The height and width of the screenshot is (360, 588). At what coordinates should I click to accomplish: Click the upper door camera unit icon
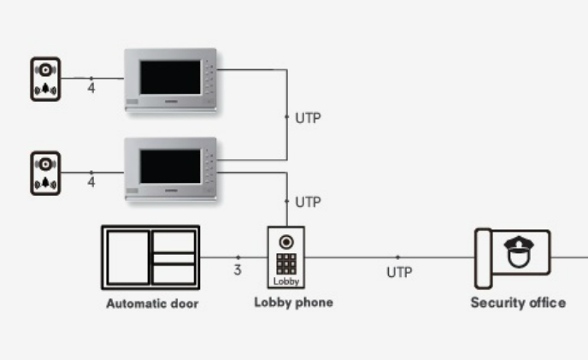coord(45,80)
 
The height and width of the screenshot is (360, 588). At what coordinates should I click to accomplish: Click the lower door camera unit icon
coord(45,174)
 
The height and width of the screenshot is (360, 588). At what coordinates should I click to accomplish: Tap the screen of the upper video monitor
coord(170,77)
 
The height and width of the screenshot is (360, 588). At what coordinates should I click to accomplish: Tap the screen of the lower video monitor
coord(170,167)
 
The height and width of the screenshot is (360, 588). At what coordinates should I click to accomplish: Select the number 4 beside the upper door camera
coord(91,88)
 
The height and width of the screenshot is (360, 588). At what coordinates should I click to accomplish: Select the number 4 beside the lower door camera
coord(91,182)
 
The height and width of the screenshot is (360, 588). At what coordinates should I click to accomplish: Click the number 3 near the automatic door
coord(238,270)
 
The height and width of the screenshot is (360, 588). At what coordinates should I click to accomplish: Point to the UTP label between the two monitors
coord(309,118)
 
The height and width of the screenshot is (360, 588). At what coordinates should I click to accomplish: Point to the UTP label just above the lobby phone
coord(309,203)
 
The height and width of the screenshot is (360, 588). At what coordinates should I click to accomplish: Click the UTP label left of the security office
coord(399,273)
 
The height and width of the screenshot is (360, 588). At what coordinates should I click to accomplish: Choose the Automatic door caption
coord(152,304)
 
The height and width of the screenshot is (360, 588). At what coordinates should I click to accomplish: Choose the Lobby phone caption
coord(294,303)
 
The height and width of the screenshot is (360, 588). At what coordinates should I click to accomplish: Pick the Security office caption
coord(518,303)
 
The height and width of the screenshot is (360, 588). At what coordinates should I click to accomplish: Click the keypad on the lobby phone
coord(286,264)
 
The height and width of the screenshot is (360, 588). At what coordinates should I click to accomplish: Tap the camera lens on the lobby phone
coord(286,242)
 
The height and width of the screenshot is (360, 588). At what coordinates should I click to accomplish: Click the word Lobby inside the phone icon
coord(286,281)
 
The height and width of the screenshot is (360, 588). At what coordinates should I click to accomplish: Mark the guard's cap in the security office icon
coord(519,244)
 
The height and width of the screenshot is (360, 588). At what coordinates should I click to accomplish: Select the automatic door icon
coord(150,257)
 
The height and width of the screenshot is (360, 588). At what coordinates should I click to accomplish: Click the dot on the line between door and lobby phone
coord(238,257)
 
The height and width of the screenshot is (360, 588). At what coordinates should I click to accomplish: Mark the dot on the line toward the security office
coord(398,257)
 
